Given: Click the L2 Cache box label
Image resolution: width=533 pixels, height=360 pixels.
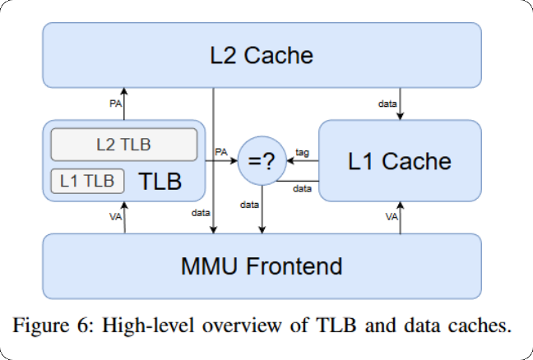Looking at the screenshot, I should pyautogui.click(x=261, y=56).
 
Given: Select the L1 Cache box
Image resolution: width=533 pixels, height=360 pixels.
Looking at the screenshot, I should pyautogui.click(x=400, y=160).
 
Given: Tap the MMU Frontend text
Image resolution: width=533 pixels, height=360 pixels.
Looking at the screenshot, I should pyautogui.click(x=261, y=266).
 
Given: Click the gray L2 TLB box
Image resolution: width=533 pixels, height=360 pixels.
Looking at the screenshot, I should pyautogui.click(x=124, y=145).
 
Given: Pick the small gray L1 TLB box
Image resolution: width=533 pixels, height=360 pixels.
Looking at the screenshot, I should pyautogui.click(x=87, y=180).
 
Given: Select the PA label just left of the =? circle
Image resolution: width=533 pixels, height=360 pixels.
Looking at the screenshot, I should pyautogui.click(x=220, y=152).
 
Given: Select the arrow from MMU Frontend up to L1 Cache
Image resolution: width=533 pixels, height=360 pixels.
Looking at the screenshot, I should pyautogui.click(x=400, y=218).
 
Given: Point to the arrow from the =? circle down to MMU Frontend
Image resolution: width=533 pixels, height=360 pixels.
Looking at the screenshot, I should pyautogui.click(x=262, y=210).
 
